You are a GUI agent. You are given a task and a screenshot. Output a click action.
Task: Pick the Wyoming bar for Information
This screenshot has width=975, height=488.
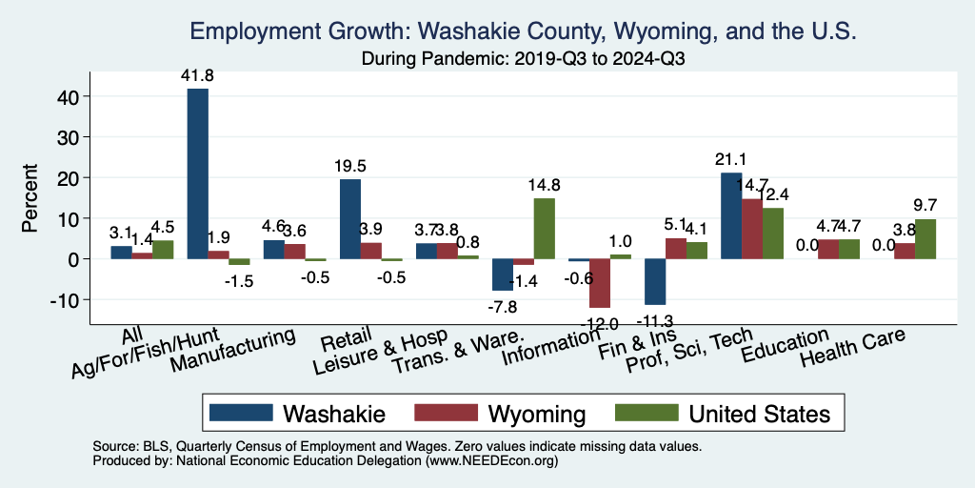coord(600,283)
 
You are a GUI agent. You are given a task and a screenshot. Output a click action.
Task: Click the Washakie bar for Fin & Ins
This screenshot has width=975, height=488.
coord(655,281)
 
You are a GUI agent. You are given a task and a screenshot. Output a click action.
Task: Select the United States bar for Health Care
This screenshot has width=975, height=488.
coord(925,239)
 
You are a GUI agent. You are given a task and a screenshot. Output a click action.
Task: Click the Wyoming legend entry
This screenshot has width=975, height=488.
coord(500,414)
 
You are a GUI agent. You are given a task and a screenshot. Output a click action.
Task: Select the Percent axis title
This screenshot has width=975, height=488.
coord(30,198)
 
